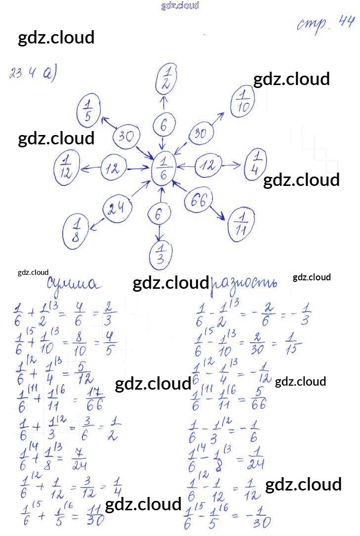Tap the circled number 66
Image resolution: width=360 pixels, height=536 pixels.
199,201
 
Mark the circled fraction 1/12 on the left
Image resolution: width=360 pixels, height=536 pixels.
66,169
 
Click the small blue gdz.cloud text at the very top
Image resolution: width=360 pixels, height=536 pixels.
180,5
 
